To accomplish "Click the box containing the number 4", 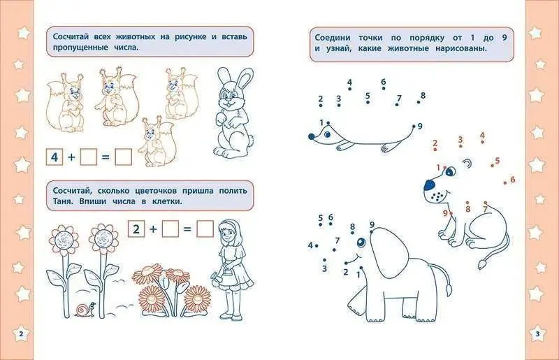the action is (55, 157).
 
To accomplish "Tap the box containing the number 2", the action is (136, 229).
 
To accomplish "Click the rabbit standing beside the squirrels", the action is (233, 113).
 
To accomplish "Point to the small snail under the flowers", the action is (85, 309).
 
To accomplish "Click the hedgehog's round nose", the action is (311, 136).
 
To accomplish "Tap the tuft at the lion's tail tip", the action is (482, 264).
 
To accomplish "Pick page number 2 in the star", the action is (21, 334).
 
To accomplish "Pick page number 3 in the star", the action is (538, 334).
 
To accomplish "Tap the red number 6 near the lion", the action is (513, 180).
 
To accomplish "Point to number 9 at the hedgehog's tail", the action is (420, 126).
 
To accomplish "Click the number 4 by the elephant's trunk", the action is (310, 245).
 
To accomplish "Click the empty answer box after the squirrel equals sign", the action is (124, 157).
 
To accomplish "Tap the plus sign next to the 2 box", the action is (153, 229).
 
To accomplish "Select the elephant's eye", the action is (361, 243).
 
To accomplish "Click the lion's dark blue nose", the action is (430, 185).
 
